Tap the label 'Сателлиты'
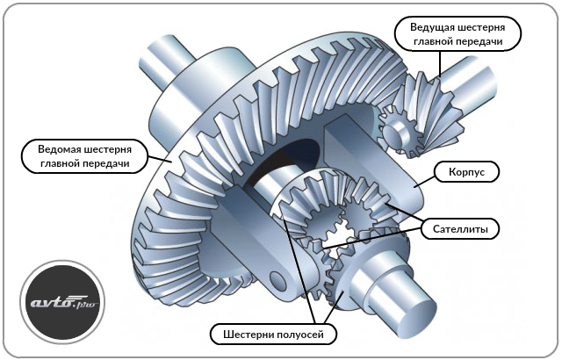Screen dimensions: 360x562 tap(465, 229)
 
